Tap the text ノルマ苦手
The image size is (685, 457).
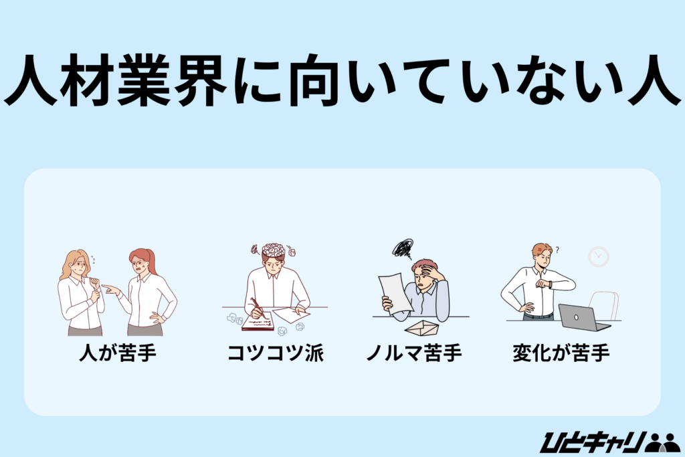413,353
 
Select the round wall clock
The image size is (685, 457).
598,257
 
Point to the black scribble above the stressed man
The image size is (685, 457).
403,248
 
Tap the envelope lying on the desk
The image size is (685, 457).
423,327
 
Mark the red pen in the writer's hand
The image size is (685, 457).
257,308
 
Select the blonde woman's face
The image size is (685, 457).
78,266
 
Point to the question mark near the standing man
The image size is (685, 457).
557,250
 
